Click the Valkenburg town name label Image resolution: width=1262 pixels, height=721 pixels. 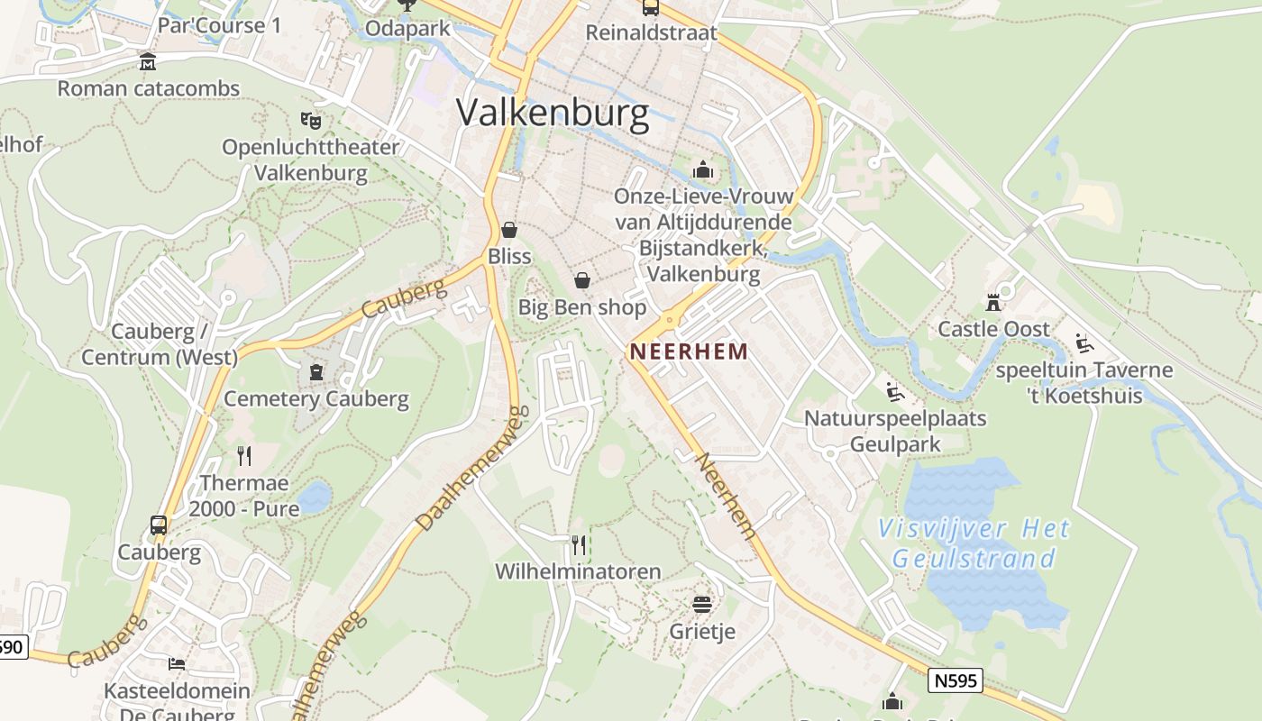pos(553,114)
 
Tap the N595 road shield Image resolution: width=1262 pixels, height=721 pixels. pos(955,680)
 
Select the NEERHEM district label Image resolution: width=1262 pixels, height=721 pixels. pos(689,351)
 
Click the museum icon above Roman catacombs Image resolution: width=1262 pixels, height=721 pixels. pos(147,62)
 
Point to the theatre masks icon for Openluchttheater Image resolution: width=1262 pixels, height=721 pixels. pos(310,119)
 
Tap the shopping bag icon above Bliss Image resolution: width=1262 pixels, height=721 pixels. pos(509,230)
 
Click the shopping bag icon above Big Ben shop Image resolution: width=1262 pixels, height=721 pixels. pos(582,280)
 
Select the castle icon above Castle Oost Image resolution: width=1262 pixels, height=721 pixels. pos(993,302)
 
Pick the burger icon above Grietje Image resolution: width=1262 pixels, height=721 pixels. pos(702,604)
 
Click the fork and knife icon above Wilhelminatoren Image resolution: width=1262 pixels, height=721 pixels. pos(579,544)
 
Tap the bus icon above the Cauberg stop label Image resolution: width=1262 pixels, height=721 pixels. pos(159,525)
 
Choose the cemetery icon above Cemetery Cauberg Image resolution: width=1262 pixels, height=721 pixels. pos(315,371)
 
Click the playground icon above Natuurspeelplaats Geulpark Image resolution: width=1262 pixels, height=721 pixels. pos(895,391)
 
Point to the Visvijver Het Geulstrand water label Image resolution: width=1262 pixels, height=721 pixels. pos(974,543)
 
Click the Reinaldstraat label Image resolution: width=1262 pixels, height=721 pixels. pos(651,33)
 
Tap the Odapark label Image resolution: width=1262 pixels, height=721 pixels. pos(407,29)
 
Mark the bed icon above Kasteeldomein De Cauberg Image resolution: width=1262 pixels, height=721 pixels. pos(177,664)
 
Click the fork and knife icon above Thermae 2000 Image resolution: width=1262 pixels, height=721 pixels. pos(243,455)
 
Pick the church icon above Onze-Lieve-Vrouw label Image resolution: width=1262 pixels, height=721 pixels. pos(703,169)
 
